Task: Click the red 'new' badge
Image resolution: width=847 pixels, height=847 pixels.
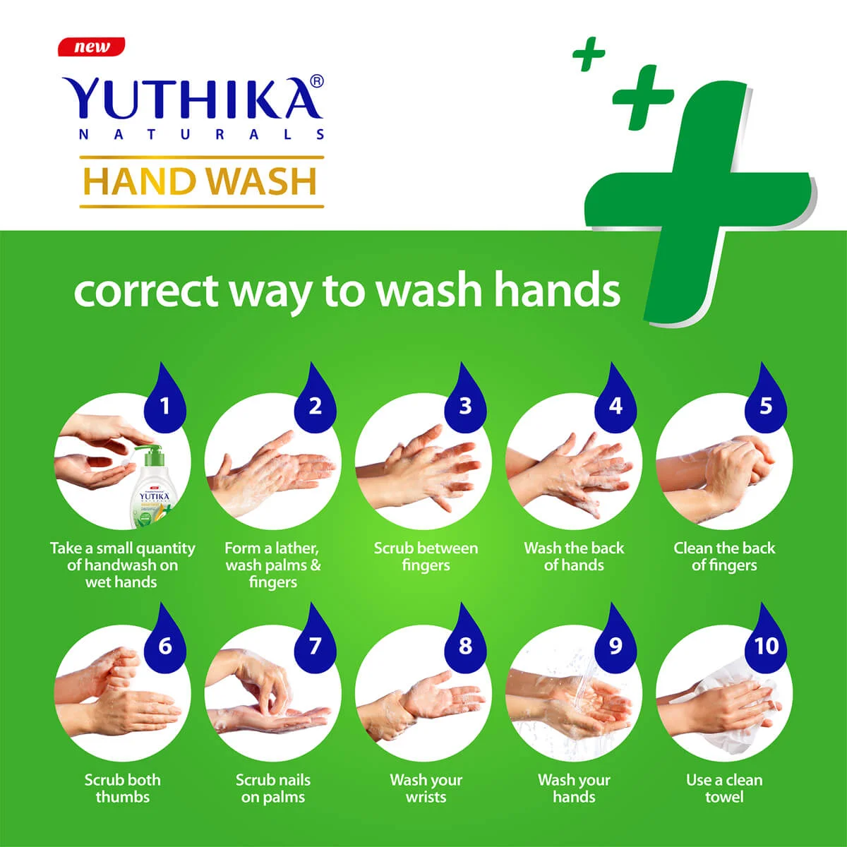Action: click(91, 47)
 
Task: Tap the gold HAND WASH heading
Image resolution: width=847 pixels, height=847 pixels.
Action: click(201, 181)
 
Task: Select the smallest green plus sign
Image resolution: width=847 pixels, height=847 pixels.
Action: click(589, 54)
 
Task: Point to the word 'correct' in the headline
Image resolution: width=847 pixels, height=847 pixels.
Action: click(145, 291)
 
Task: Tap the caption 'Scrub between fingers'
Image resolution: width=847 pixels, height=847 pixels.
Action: click(426, 556)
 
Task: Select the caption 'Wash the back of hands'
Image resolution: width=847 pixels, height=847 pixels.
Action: click(574, 556)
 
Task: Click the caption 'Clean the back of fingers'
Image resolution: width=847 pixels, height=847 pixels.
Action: click(724, 556)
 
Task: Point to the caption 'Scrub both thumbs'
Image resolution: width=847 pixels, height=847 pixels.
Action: click(123, 788)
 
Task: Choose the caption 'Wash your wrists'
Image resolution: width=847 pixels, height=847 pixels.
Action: click(426, 788)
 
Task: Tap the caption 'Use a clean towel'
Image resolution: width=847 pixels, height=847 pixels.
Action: click(724, 788)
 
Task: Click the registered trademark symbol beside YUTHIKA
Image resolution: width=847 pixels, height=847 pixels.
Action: click(317, 82)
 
